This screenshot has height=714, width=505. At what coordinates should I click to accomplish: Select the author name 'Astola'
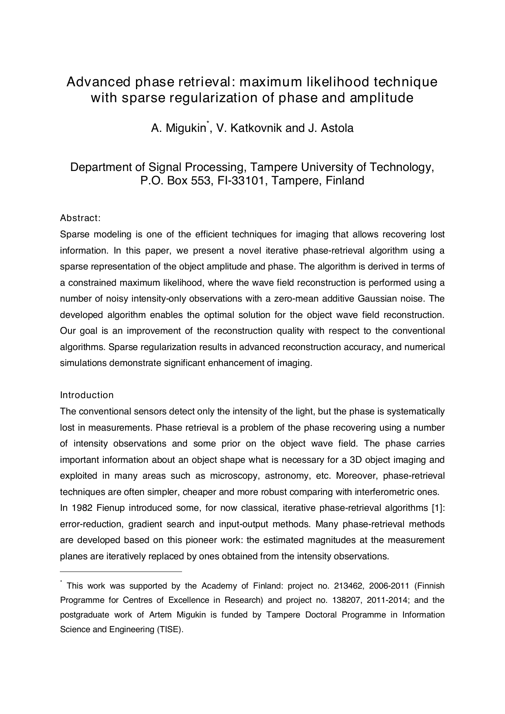337,128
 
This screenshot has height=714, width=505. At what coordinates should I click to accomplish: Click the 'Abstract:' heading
80,218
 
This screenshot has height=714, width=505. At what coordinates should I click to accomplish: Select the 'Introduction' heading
87,395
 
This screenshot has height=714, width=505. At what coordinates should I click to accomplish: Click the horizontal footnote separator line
121,572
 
